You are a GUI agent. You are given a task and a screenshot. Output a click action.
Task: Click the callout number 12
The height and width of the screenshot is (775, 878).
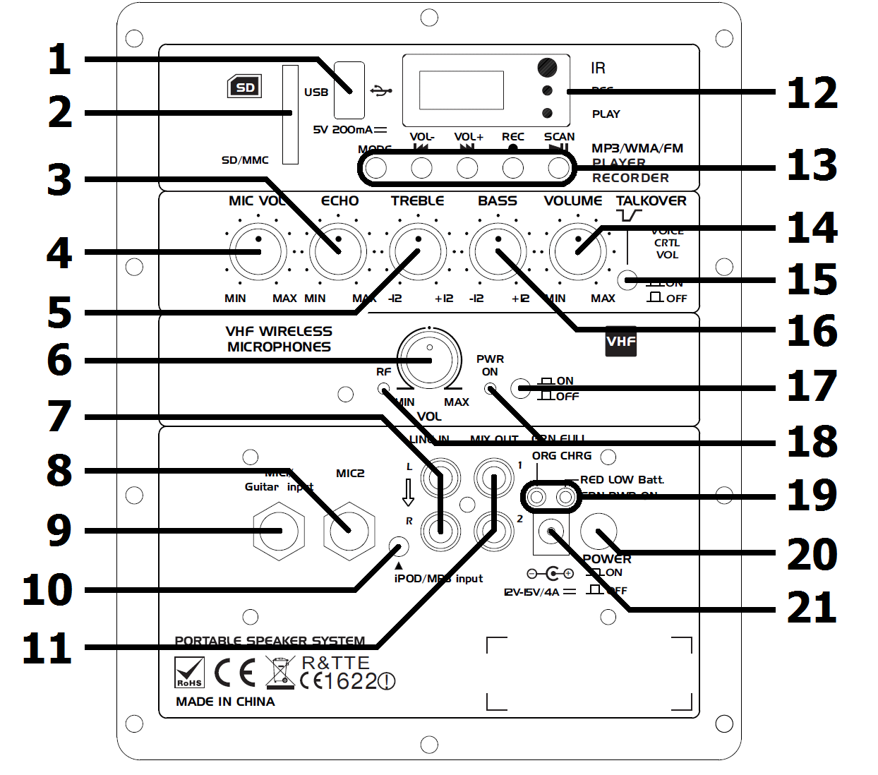pos(812,93)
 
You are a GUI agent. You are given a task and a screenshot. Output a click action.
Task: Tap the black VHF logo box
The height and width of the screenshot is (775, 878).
pos(621,341)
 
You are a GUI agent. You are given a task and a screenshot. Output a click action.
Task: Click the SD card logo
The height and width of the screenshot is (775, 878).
pos(244,87)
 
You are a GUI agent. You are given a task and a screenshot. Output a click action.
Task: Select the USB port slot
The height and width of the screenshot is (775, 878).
pos(349,90)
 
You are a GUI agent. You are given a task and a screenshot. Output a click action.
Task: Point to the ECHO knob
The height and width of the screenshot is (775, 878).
pos(338,251)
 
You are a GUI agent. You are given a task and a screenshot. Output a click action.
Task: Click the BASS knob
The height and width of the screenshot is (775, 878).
pos(498,251)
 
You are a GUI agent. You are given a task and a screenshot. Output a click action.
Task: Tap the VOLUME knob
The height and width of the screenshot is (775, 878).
pos(578,251)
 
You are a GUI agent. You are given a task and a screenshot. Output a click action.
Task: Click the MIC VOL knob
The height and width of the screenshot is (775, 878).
pos(258,251)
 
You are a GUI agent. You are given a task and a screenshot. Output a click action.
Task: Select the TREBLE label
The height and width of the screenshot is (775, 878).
pos(417,201)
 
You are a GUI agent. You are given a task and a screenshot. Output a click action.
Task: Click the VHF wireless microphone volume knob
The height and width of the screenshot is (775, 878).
pos(429,359)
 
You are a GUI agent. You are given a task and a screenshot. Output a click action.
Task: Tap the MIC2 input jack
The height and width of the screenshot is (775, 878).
pos(349,531)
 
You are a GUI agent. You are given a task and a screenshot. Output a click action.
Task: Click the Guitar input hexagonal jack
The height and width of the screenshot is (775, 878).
pos(279,531)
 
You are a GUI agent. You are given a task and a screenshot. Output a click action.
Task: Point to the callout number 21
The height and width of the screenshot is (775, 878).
pos(812,608)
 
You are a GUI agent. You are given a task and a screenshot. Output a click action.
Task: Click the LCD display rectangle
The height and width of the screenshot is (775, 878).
pos(462,90)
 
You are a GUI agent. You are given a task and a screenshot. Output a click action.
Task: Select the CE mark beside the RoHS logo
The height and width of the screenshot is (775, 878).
pos(235,673)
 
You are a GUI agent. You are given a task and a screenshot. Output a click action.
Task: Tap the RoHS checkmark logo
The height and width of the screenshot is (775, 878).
pos(189,673)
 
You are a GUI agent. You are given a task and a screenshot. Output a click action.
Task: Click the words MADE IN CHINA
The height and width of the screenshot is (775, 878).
pos(225,702)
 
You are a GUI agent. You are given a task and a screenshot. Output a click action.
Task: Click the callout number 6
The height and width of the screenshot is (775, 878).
pos(59,360)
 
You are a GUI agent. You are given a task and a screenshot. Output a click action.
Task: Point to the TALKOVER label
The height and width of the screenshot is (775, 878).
pos(651,201)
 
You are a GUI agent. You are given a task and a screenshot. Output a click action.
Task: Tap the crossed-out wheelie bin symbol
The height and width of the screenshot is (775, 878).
pos(280,673)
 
